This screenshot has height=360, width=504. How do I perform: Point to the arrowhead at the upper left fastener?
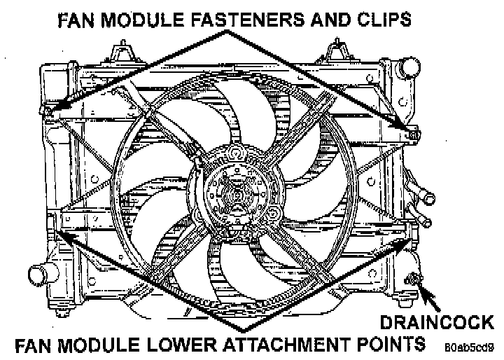[48, 111]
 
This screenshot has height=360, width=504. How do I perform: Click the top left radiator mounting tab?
[124, 50]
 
